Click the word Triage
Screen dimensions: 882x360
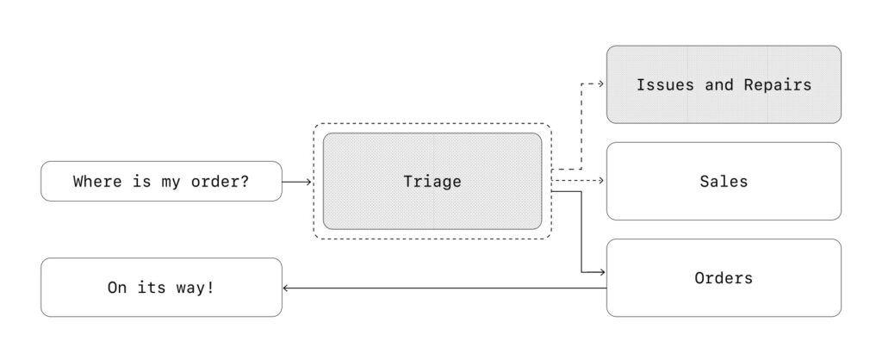click(x=432, y=182)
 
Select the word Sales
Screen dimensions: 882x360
click(x=724, y=181)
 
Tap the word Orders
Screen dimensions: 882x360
click(x=724, y=278)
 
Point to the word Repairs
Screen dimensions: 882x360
click(x=778, y=85)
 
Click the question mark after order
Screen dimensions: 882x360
click(x=245, y=182)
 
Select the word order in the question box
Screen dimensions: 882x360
click(x=214, y=182)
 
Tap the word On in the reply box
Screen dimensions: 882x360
click(x=116, y=288)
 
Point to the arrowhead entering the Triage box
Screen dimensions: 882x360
click(x=307, y=183)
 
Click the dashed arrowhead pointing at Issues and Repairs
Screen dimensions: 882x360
click(x=600, y=84)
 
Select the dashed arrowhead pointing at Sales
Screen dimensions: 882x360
click(x=600, y=181)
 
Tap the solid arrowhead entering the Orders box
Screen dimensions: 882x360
click(x=601, y=272)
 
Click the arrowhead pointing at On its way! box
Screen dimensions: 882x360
click(x=286, y=288)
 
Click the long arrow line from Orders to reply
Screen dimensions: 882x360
click(x=444, y=288)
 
